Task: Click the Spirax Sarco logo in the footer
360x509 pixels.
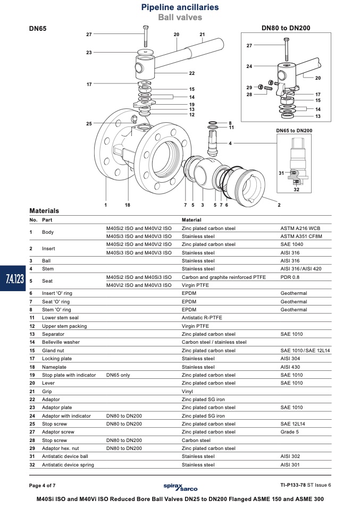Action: pyautogui.click(x=180, y=487)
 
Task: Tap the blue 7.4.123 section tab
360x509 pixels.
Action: pyautogui.click(x=13, y=278)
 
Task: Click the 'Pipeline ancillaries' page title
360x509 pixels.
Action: pyautogui.click(x=180, y=7)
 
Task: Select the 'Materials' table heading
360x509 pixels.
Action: pyautogui.click(x=44, y=211)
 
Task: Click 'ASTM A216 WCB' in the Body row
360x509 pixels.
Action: pyautogui.click(x=300, y=228)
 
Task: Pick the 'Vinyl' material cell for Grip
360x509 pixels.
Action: pyautogui.click(x=187, y=392)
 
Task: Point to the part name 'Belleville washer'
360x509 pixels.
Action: pyautogui.click(x=61, y=342)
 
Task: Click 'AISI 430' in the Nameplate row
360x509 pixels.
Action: pyautogui.click(x=290, y=367)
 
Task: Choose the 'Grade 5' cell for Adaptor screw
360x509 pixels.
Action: pyautogui.click(x=289, y=432)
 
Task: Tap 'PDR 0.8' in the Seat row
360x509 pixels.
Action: pyautogui.click(x=290, y=277)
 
